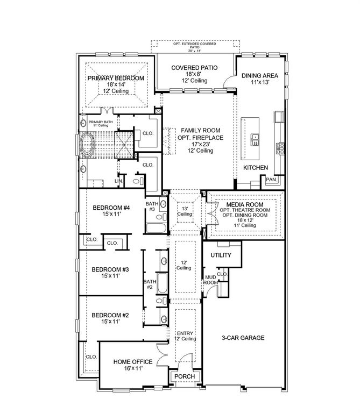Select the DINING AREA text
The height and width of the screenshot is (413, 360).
click(x=260, y=76)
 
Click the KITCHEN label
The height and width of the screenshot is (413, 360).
click(x=255, y=168)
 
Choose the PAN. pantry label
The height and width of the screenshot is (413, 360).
click(x=271, y=179)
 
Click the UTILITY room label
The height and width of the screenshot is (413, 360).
click(x=220, y=255)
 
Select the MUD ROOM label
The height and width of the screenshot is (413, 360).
click(x=210, y=281)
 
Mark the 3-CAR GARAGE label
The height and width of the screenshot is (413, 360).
click(x=243, y=338)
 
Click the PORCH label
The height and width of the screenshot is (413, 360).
click(x=185, y=376)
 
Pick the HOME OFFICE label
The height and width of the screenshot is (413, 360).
click(x=133, y=362)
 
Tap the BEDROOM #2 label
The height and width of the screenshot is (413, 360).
click(x=110, y=315)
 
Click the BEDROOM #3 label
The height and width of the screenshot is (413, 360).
click(x=110, y=269)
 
